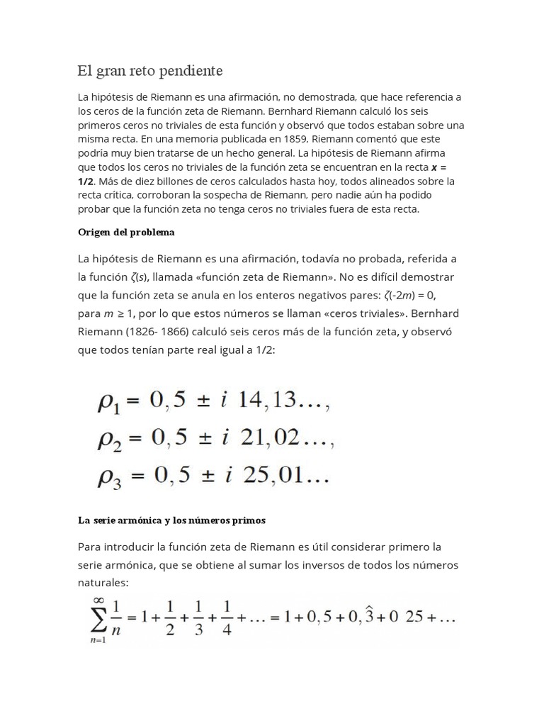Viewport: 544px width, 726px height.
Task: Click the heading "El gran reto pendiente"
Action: [150, 71]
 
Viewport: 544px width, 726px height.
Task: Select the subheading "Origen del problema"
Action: [126, 233]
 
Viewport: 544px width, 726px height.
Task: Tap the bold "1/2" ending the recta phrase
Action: [86, 181]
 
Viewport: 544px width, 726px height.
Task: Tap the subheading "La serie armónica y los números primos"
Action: [171, 520]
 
